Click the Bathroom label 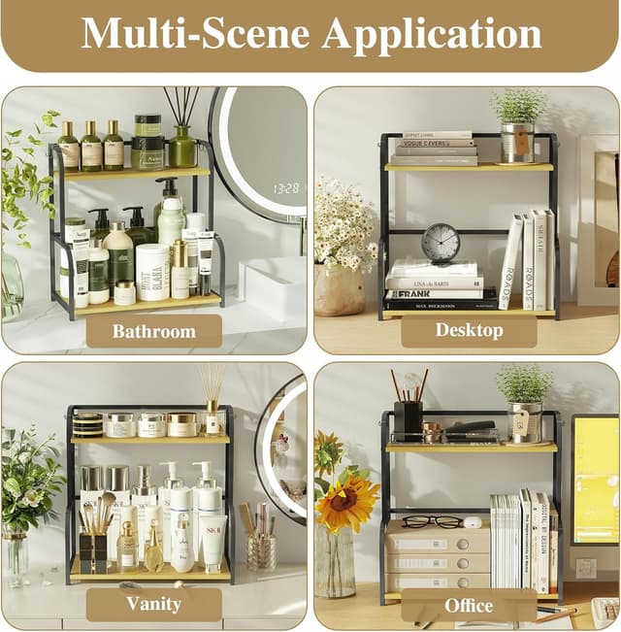[153, 331]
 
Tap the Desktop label [469, 330]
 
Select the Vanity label [153, 604]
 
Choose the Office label [469, 604]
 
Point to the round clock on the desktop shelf [441, 242]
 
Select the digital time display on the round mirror [285, 187]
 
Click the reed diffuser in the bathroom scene [181, 131]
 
